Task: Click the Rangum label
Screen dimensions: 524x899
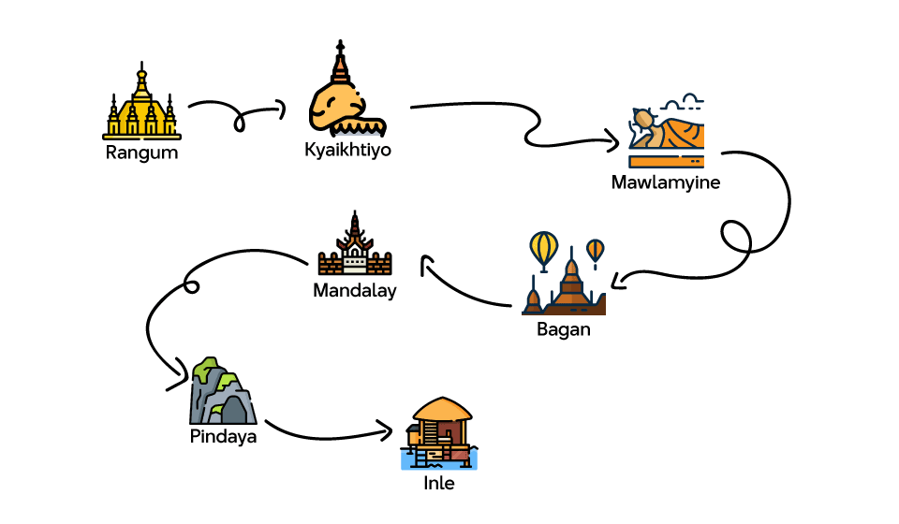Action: click(x=141, y=153)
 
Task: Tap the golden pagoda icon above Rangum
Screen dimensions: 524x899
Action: click(x=141, y=105)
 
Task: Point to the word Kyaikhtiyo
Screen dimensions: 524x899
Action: click(x=347, y=150)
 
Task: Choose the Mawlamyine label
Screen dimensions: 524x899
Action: click(x=666, y=182)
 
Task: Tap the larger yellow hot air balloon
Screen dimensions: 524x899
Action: click(x=544, y=248)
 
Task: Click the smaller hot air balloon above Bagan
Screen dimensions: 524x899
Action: click(x=596, y=250)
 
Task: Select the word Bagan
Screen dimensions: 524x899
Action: click(x=564, y=329)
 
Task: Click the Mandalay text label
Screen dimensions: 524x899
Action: click(x=355, y=291)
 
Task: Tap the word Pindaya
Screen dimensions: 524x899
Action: click(x=223, y=436)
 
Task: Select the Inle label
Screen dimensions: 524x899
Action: click(x=439, y=484)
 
